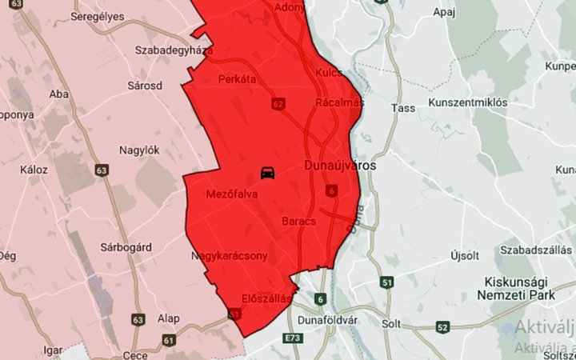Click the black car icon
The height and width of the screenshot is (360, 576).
[268, 172]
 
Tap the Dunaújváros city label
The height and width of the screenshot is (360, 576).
[341, 166]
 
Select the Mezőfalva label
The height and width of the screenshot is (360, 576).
[231, 194]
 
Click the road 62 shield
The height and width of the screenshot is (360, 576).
[278, 104]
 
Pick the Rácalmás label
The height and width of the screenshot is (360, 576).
[340, 102]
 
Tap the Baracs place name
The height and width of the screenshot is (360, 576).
[300, 220]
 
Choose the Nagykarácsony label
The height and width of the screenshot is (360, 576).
[229, 256]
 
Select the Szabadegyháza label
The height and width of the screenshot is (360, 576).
[173, 50]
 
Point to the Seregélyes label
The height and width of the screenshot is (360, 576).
[98, 17]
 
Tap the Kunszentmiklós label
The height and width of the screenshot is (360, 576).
[468, 103]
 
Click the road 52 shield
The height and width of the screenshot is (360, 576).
[442, 326]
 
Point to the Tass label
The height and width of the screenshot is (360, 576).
[401, 107]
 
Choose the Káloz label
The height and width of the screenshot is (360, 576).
[35, 170]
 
